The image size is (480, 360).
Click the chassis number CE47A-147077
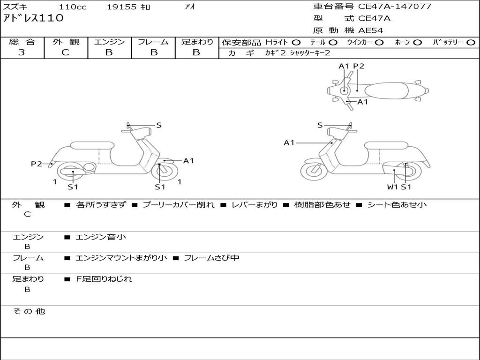tap(395, 7)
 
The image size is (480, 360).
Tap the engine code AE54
tap(371, 30)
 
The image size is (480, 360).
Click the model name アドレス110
tap(33, 19)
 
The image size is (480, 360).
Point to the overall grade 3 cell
tap(22, 52)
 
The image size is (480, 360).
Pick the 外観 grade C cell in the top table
tap(65, 52)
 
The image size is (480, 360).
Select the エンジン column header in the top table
tap(109, 42)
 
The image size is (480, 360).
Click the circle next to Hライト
tap(296, 42)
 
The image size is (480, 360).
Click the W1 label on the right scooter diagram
tap(392, 187)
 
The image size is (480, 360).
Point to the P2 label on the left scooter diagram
tap(37, 164)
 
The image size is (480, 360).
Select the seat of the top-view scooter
tap(388, 90)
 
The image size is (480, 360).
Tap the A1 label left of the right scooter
tap(289, 142)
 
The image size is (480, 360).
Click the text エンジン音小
tap(101, 237)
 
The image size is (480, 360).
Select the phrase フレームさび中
tap(211, 258)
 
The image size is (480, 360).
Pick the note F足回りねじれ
tap(104, 279)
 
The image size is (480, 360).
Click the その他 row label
tap(29, 311)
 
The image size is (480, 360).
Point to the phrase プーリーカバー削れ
tap(179, 205)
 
